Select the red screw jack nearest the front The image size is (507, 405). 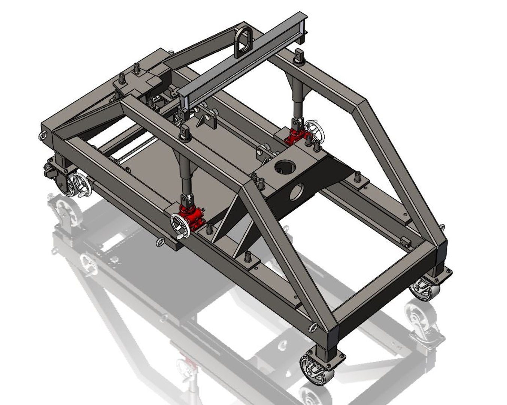[191, 217]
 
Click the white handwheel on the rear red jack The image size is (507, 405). [315, 132]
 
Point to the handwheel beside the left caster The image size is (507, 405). [82, 185]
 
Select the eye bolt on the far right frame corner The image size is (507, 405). [442, 227]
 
